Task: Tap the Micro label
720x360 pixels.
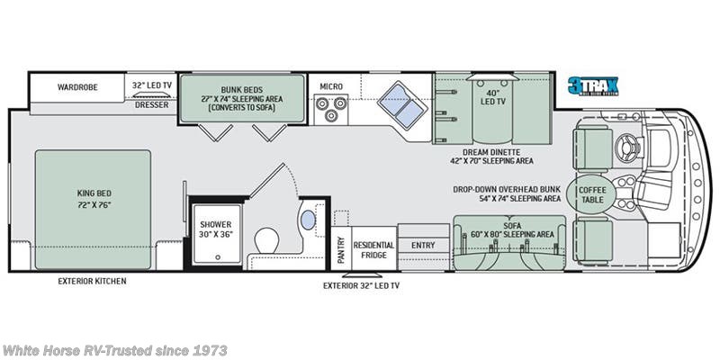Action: tap(330, 87)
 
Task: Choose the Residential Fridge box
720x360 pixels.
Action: tap(373, 249)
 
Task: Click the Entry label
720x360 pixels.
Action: tap(423, 245)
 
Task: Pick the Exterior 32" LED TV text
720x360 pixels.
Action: tap(362, 286)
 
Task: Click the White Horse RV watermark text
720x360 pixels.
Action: tap(114, 349)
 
